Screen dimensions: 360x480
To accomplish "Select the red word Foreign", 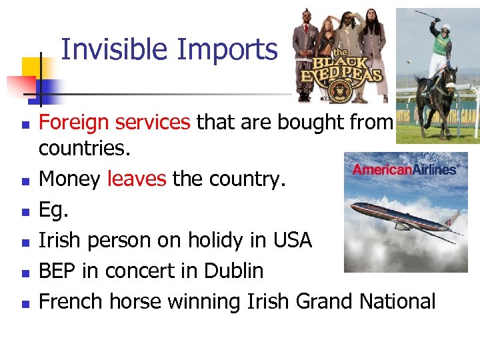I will pos(74,122).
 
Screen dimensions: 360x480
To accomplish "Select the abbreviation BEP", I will pos(57,271).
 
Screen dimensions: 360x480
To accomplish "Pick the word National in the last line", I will pos(397,301).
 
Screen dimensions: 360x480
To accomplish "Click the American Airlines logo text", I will pos(404,169).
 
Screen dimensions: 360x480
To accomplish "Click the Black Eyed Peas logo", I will pos(341,69).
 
